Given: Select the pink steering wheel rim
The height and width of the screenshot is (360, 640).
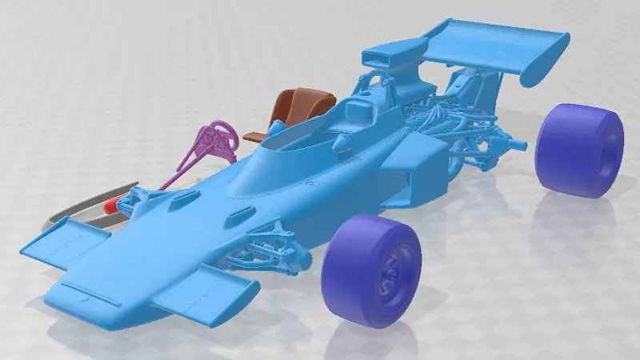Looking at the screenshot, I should tap(218, 135).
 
